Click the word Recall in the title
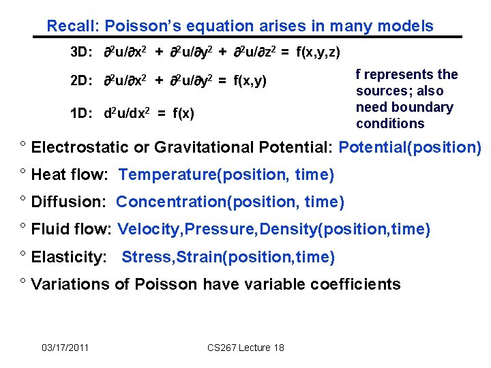point(71,27)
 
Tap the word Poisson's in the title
point(134,27)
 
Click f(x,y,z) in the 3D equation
point(318,52)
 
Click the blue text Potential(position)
point(410,147)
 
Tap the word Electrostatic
point(76,147)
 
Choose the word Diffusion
point(67,202)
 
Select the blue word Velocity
point(145,229)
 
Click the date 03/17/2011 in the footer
point(65,348)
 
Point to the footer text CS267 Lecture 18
point(245,348)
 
